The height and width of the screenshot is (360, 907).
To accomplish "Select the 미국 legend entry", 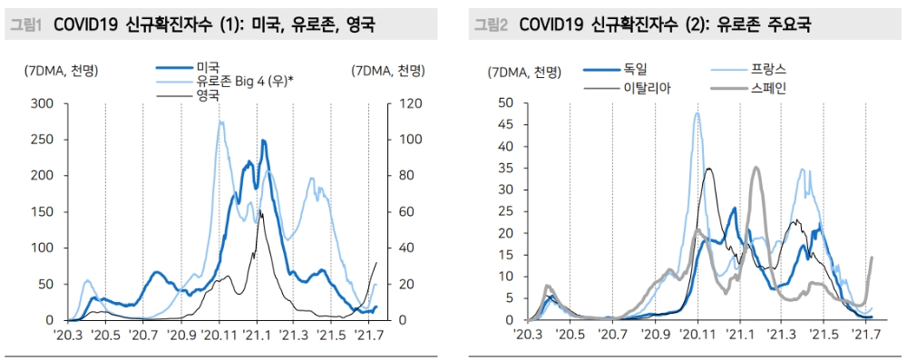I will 206,66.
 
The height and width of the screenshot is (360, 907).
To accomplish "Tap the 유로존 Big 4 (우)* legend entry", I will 244,81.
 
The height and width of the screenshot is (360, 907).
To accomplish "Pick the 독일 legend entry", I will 634,68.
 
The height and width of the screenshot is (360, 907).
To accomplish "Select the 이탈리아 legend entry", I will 647,89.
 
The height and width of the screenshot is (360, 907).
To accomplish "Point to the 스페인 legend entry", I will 762,89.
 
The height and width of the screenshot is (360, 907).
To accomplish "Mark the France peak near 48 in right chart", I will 697,113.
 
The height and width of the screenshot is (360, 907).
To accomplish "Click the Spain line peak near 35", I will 756,168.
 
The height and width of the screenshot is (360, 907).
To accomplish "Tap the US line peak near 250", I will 263,141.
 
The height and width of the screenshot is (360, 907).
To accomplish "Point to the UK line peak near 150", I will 260,211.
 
